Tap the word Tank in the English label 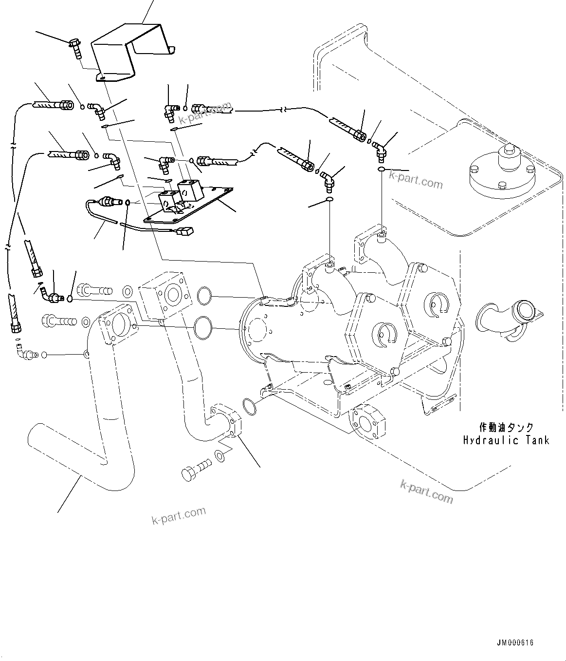tap(537, 440)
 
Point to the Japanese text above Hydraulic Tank tap(506, 428)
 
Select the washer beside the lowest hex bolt tap(219, 456)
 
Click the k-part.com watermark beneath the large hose tap(179, 515)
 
